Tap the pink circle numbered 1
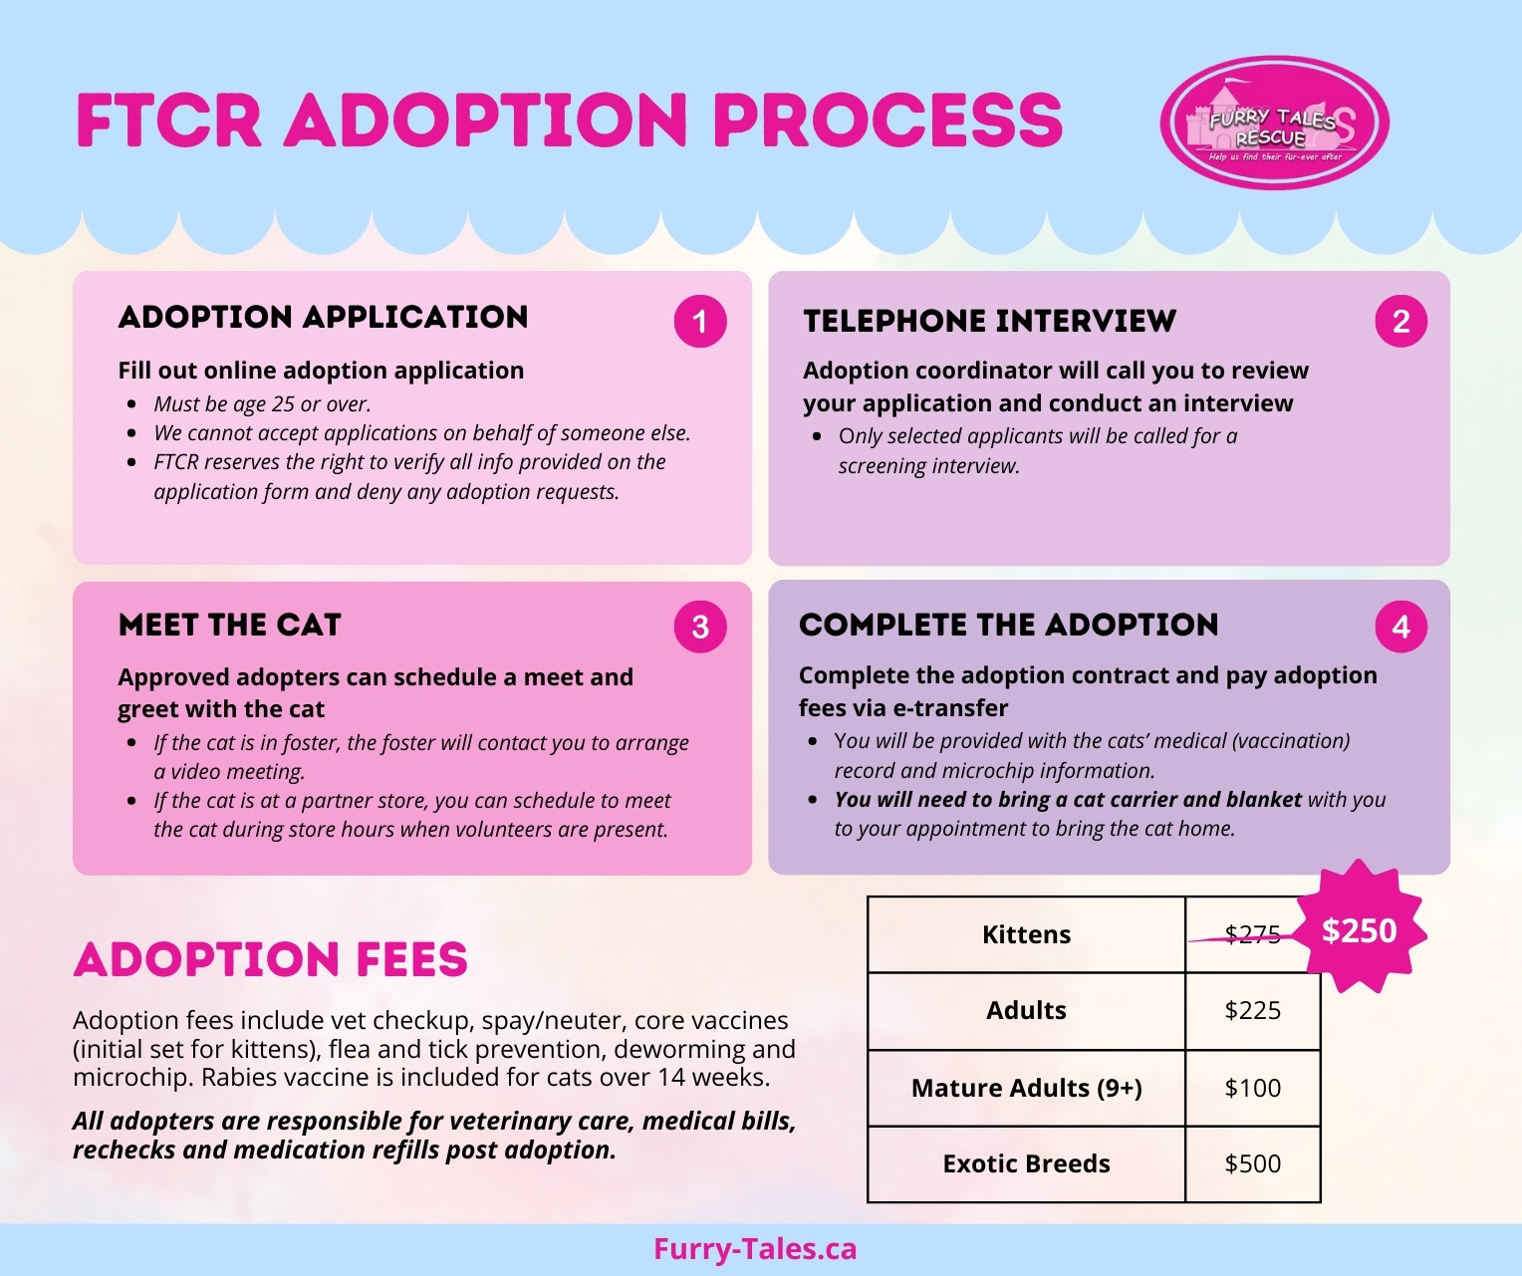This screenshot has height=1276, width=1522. click(x=700, y=322)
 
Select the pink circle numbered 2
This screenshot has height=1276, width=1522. click(x=1400, y=322)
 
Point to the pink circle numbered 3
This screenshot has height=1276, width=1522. click(x=700, y=627)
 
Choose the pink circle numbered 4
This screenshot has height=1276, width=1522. click(x=1400, y=627)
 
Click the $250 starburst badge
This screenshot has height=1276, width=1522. click(x=1360, y=930)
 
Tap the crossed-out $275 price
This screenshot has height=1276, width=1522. click(x=1252, y=934)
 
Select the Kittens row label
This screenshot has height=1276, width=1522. click(x=1026, y=934)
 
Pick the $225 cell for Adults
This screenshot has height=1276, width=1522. click(x=1252, y=1010)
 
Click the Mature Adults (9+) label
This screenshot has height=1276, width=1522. click(x=1026, y=1088)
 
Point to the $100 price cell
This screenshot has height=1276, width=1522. click(x=1252, y=1088)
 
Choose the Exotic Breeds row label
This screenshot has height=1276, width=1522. click(x=1026, y=1163)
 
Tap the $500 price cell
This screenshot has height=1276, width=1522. click(x=1252, y=1163)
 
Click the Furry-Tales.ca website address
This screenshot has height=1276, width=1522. click(x=755, y=1249)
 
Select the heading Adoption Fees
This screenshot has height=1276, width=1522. click(x=270, y=959)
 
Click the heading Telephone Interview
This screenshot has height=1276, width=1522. click(x=989, y=321)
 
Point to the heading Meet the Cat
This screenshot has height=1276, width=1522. click(x=229, y=625)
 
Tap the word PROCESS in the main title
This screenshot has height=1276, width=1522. click(x=888, y=122)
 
